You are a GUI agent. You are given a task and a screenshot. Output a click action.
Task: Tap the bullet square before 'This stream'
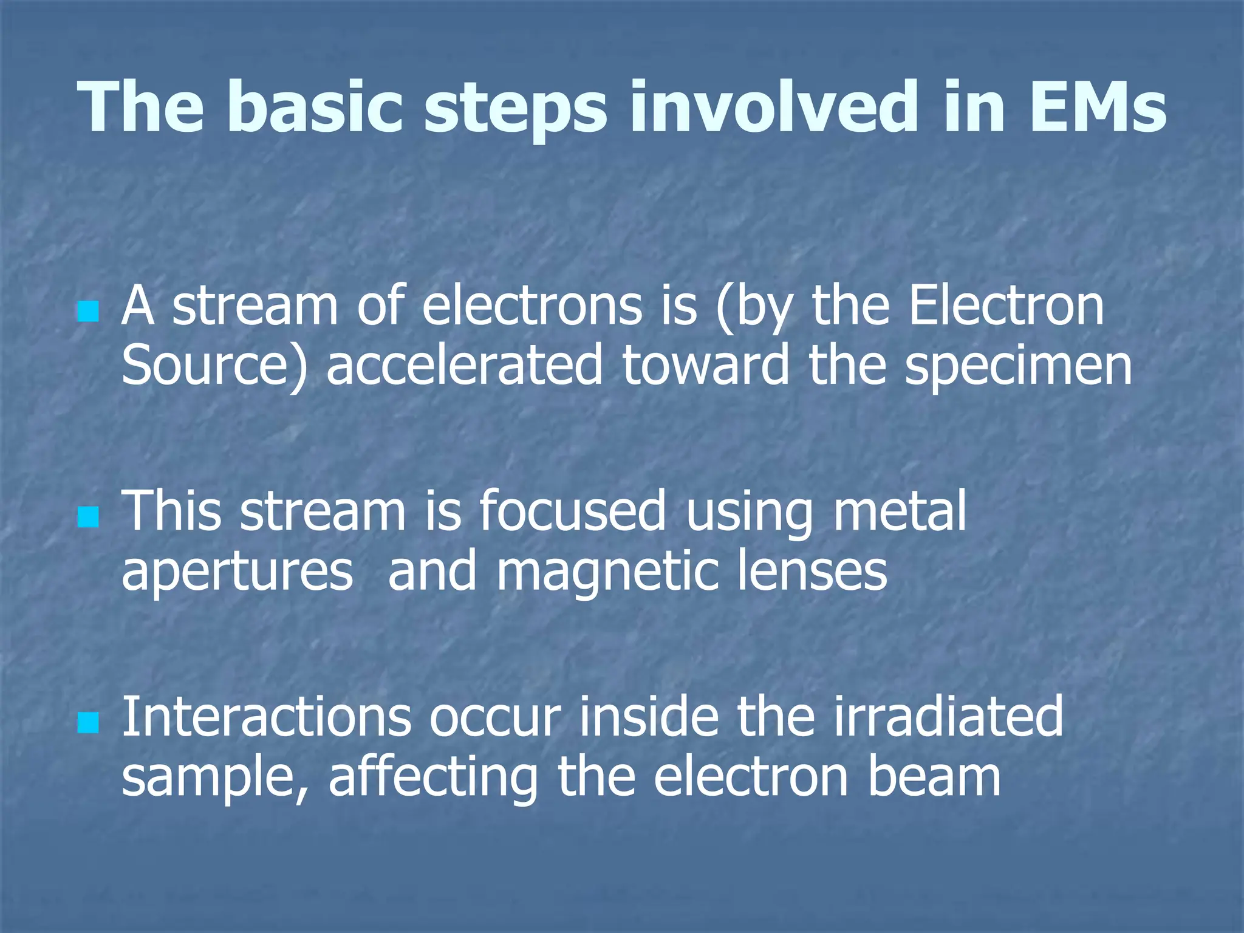click(x=89, y=518)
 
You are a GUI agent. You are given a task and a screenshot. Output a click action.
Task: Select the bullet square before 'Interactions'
click(x=89, y=723)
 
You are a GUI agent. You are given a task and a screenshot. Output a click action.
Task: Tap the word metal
click(x=899, y=511)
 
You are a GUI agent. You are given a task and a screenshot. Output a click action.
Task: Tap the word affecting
click(x=433, y=779)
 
